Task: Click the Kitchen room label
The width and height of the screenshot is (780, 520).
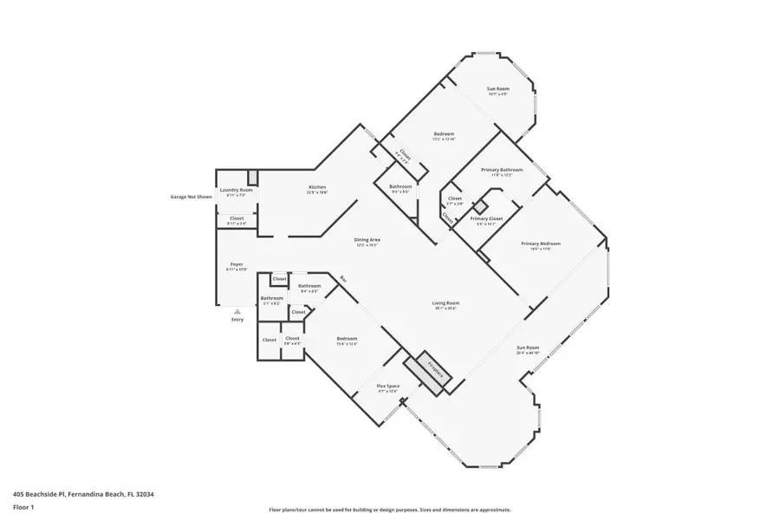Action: pos(317,188)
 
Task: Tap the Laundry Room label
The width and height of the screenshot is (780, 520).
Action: pos(236,190)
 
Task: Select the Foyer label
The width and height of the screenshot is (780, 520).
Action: pos(236,264)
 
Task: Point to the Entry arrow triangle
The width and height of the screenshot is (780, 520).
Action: pos(237,311)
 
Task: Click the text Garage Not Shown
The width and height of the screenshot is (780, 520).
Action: pos(191,197)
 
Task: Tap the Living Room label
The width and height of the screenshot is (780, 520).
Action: pos(445,303)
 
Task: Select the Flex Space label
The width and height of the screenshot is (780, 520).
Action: pos(387,386)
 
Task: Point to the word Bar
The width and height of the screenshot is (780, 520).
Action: pos(343,279)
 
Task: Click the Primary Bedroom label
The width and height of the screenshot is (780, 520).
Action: pos(541,244)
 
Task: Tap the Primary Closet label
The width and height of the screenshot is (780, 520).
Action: pos(486,218)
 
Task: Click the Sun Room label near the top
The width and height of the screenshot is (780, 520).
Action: pos(497,89)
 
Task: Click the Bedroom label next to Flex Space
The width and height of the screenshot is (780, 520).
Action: pos(347,339)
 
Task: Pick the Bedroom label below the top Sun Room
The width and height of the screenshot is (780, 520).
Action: pos(444,133)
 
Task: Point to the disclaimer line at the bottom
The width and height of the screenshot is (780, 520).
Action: pos(389,510)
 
